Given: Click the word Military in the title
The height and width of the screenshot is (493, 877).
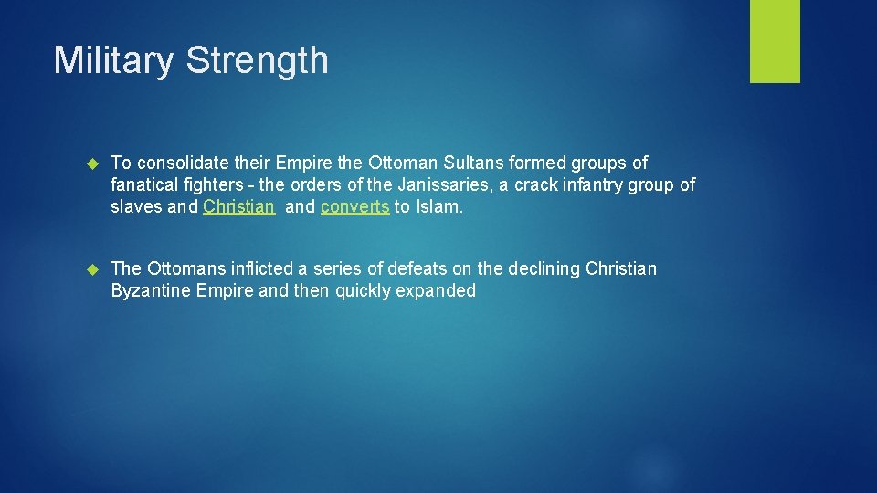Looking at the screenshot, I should point(114,60).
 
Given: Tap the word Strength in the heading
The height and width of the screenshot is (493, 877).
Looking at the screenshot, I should point(257,60).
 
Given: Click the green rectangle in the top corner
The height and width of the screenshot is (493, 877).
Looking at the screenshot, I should point(775,41).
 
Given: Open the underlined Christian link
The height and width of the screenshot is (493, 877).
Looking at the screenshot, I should point(238,206).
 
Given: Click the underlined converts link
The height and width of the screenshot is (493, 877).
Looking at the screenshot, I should point(355,206).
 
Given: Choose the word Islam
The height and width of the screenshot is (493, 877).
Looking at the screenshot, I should point(439,206).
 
